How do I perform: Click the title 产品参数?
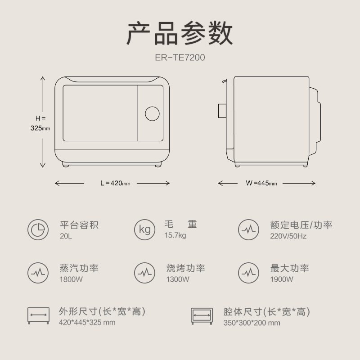pyautogui.click(x=180, y=33)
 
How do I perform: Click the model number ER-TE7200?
pyautogui.click(x=180, y=58)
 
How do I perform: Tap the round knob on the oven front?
pyautogui.click(x=152, y=113)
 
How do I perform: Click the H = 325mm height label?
pyautogui.click(x=40, y=123)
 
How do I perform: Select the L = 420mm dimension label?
pyautogui.click(x=115, y=183)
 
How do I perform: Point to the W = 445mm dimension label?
pyautogui.click(x=261, y=183)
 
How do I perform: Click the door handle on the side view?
pyautogui.click(x=222, y=111)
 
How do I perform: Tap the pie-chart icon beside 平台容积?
pyautogui.click(x=38, y=229)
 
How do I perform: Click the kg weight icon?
pyautogui.click(x=144, y=229)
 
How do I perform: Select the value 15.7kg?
pyautogui.click(x=175, y=236)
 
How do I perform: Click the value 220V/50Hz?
pyautogui.click(x=288, y=236)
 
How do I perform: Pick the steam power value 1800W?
pyautogui.click(x=71, y=279)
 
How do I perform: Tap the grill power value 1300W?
pyautogui.click(x=178, y=279)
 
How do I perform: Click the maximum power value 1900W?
pyautogui.click(x=282, y=279)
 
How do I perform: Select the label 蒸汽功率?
pyautogui.click(x=79, y=268)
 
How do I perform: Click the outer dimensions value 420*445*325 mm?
pyautogui.click(x=87, y=322)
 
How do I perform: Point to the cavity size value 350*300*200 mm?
pyautogui.click(x=252, y=322)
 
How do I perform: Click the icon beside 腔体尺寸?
pyautogui.click(x=202, y=316)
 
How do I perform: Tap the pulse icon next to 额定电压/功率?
pyautogui.click(x=248, y=229)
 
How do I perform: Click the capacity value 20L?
pyautogui.click(x=65, y=236)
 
